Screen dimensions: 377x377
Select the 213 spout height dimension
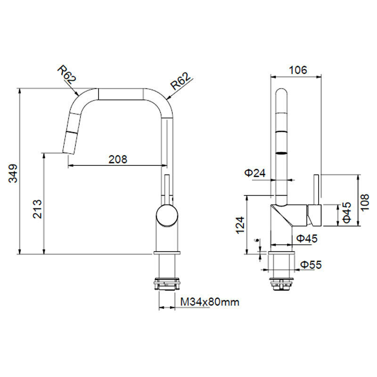38,209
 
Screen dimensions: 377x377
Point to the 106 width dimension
297,70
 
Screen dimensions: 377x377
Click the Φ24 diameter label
254,173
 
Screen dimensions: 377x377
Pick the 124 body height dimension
240,225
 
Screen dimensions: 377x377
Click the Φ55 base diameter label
311,265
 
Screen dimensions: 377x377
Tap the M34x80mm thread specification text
210,302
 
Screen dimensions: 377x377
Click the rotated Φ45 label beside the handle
347,213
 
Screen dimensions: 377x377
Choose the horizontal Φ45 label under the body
307,238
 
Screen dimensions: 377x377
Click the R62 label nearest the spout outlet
66,74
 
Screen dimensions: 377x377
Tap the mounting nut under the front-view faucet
167,284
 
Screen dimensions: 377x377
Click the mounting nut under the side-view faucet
282,283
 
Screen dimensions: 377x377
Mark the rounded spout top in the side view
281,94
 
